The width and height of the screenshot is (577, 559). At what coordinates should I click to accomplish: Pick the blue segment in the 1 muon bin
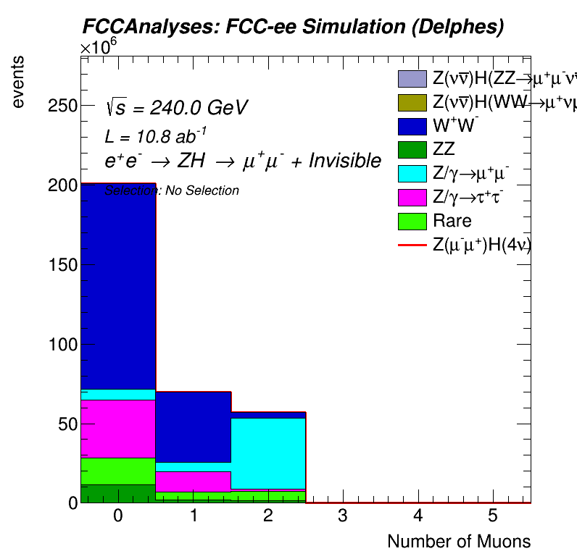click(x=193, y=426)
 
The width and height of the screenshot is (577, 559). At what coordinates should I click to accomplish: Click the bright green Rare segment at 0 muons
click(x=117, y=471)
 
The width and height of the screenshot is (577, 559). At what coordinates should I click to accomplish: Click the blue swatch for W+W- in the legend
click(x=412, y=126)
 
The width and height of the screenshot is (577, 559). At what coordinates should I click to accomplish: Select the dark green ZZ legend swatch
click(x=412, y=150)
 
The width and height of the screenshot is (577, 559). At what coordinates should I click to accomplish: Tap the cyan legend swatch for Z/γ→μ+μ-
click(x=412, y=174)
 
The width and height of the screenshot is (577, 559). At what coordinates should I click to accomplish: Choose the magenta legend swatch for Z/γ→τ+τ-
click(x=412, y=198)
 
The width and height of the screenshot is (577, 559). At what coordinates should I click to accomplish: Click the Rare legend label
click(x=452, y=221)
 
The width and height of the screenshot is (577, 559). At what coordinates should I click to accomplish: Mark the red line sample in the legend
click(x=412, y=245)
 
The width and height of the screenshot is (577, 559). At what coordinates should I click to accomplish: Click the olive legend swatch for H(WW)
click(x=412, y=102)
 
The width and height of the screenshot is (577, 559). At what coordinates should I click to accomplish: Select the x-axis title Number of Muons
click(x=459, y=542)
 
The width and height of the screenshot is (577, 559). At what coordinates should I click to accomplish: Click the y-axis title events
click(x=22, y=82)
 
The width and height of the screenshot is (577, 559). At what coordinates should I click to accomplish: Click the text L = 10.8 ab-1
click(x=157, y=135)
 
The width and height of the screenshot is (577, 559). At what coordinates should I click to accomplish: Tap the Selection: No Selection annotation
click(x=172, y=191)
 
